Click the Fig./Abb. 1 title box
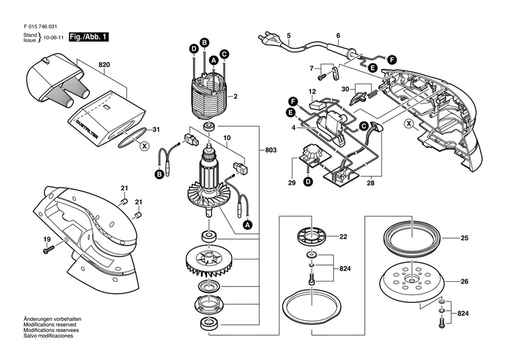click(x=89, y=37)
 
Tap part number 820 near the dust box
click(x=104, y=65)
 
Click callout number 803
click(x=271, y=150)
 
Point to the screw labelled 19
click(x=49, y=250)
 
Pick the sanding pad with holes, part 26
click(x=412, y=280)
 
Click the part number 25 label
click(x=464, y=238)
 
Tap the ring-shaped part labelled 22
click(x=312, y=235)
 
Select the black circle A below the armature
click(x=248, y=224)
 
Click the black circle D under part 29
click(x=307, y=181)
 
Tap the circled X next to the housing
click(x=409, y=123)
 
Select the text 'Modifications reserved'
click(x=50, y=324)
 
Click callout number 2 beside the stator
click(x=236, y=96)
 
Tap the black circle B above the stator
click(x=204, y=43)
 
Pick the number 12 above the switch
click(x=312, y=92)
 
